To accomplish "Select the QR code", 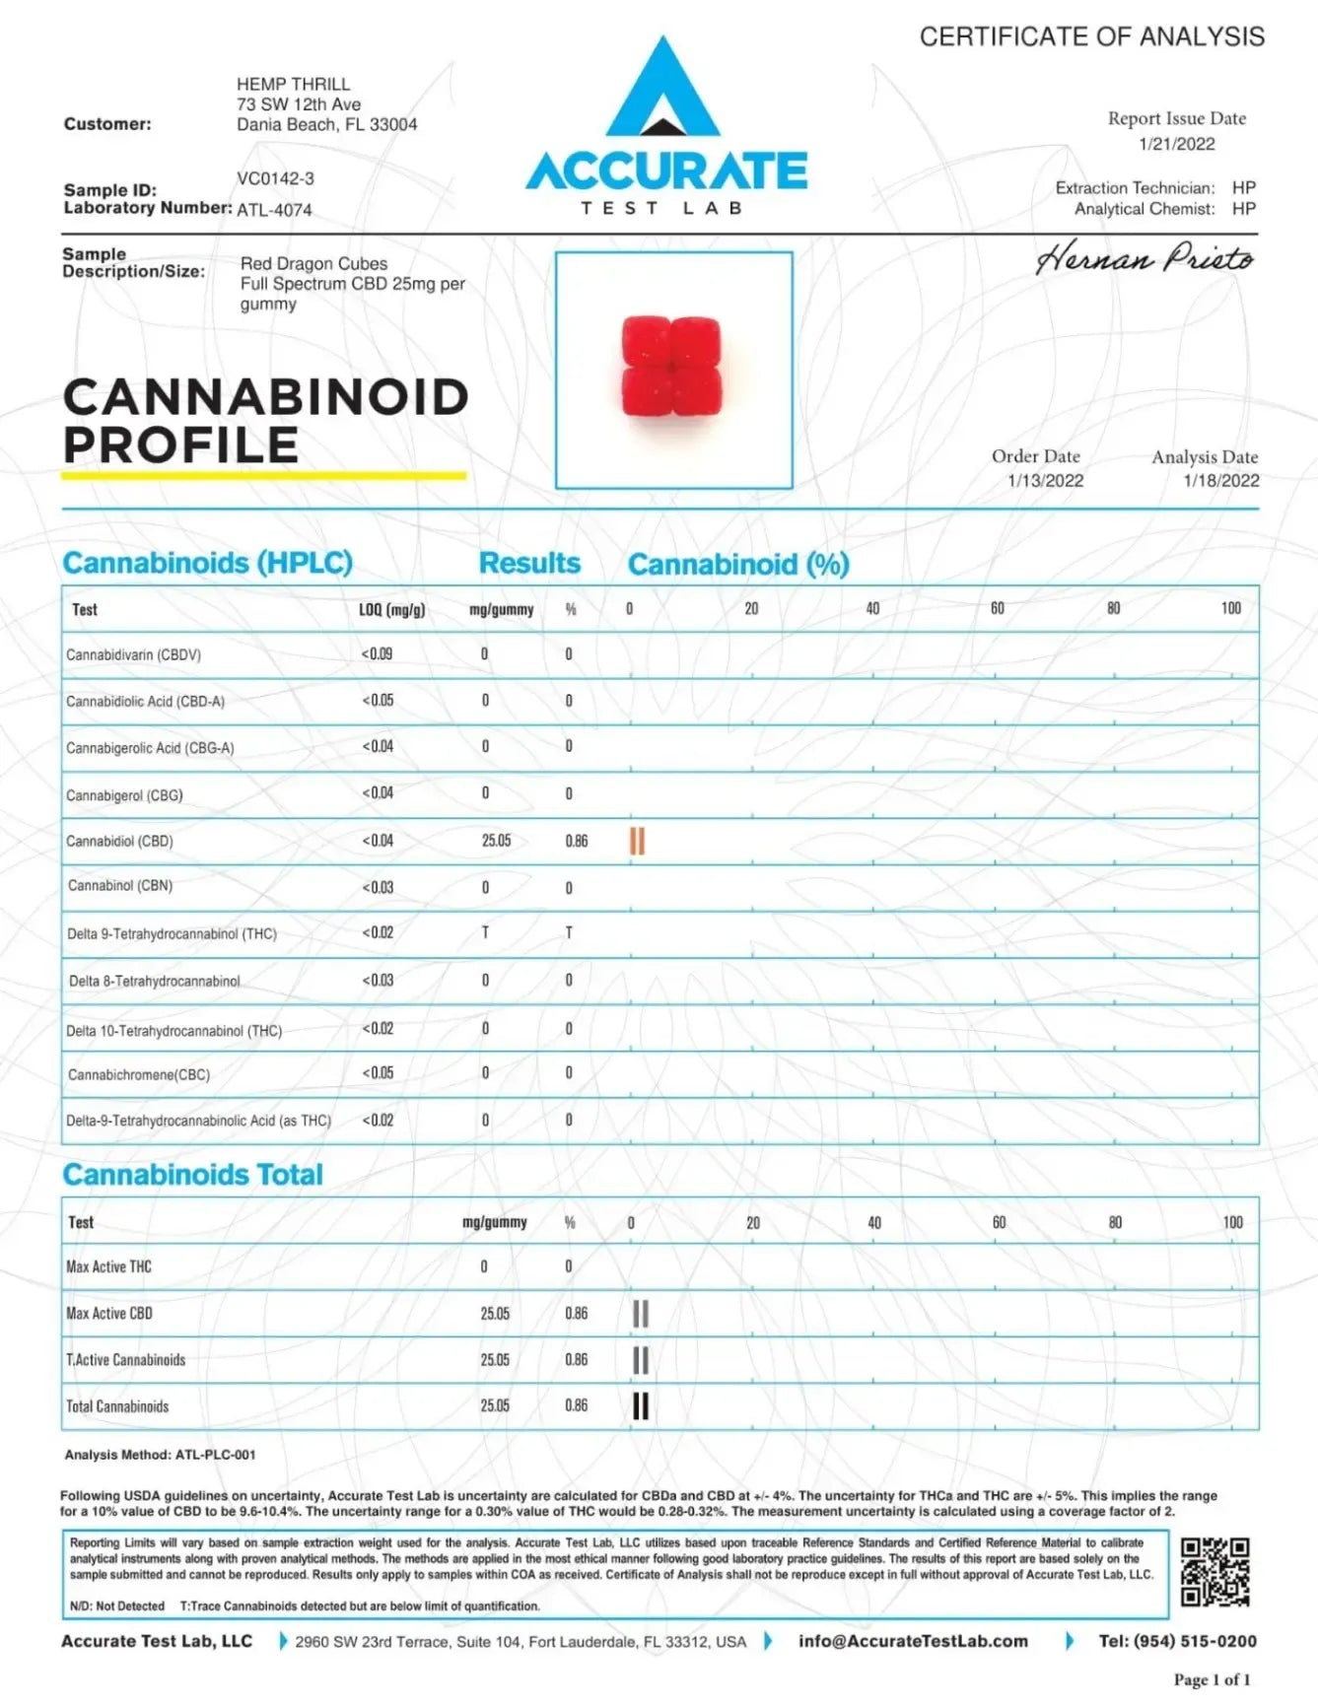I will click(x=1214, y=1572).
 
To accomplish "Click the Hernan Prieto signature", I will click(x=1144, y=258).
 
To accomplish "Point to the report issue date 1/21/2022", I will click(x=1176, y=144).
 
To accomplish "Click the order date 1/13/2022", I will click(x=1045, y=481).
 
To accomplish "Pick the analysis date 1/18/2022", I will click(x=1220, y=481).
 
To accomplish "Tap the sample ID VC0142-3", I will click(x=275, y=178).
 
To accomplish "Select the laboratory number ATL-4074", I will click(x=274, y=210).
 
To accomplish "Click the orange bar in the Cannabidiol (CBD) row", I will click(x=637, y=842).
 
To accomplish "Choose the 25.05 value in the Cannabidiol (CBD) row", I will click(x=496, y=841).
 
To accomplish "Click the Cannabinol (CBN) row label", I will click(x=120, y=886).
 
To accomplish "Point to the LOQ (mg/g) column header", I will click(x=391, y=610).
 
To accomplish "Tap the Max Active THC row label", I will click(x=108, y=1266).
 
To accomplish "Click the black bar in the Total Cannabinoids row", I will click(x=641, y=1406).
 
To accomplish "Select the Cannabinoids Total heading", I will click(x=192, y=1175).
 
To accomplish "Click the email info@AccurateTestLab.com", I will click(x=913, y=1641).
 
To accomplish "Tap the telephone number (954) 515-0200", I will click(x=1177, y=1641).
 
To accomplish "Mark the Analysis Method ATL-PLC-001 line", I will click(x=160, y=1455).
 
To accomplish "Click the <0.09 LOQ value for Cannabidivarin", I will click(x=377, y=653).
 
